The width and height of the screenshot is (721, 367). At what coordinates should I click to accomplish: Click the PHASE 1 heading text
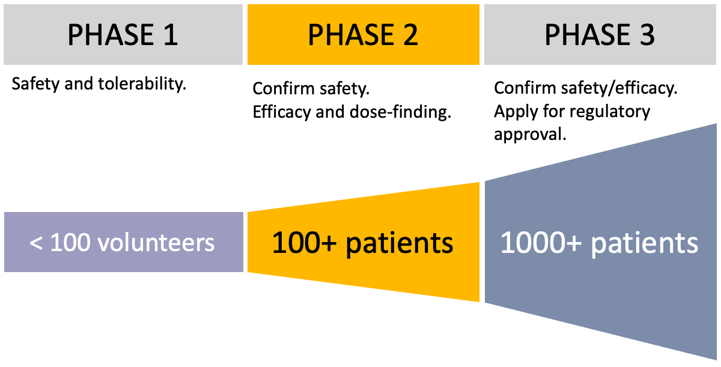(123, 35)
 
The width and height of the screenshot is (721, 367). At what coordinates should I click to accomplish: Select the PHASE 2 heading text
(363, 35)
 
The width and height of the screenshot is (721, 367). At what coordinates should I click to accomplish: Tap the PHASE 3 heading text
(600, 35)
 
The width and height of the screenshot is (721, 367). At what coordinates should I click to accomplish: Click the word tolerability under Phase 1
(142, 84)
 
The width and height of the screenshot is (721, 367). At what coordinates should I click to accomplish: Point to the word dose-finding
(400, 112)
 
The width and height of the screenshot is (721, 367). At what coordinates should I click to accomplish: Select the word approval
(530, 135)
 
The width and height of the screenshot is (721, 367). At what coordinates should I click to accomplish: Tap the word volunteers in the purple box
(156, 243)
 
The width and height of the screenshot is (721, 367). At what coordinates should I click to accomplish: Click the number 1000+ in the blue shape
(541, 243)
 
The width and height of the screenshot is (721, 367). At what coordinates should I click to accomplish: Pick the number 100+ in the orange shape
(304, 243)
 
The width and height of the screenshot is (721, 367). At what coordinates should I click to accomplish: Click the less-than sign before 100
(35, 243)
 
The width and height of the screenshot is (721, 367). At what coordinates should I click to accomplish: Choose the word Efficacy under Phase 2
(281, 112)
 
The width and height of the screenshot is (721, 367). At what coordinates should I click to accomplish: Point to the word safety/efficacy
(619, 88)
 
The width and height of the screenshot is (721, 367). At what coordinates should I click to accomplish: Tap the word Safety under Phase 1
(35, 84)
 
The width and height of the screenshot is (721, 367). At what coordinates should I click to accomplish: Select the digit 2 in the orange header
(410, 35)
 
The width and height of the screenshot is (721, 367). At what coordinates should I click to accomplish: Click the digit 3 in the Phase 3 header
(647, 35)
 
